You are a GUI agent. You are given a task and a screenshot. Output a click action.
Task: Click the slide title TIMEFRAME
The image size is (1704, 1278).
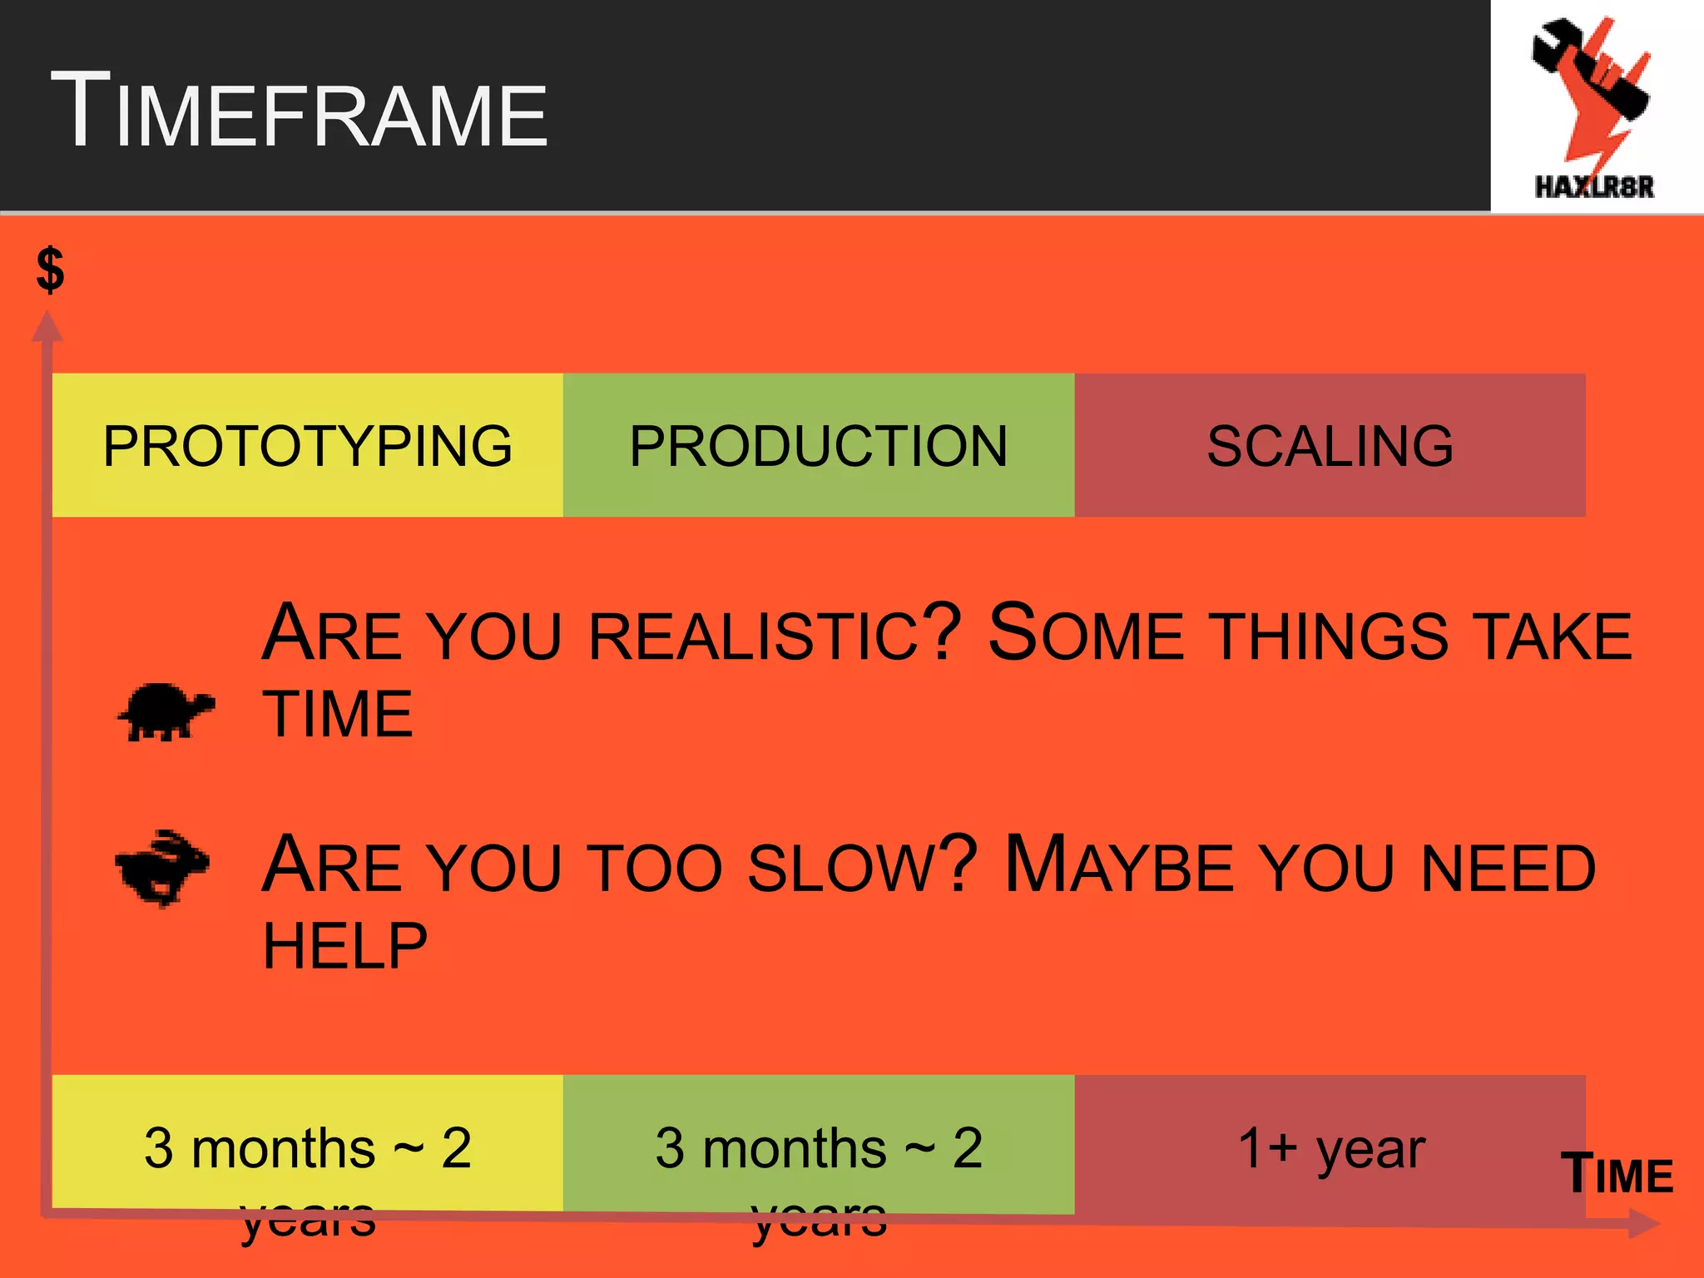[x=300, y=112]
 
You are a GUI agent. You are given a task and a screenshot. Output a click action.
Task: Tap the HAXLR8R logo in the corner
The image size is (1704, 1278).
[x=1594, y=108]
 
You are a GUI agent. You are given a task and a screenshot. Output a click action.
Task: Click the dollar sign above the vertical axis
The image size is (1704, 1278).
[x=51, y=270]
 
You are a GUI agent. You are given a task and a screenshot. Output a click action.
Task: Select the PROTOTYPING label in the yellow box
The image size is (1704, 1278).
[x=307, y=446]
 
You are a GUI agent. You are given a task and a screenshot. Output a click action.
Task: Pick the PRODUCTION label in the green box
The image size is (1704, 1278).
[x=819, y=446]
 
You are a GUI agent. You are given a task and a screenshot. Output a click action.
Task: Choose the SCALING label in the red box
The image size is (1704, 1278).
[x=1330, y=446]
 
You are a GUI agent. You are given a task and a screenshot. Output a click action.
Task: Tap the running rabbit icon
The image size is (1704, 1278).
[x=162, y=868]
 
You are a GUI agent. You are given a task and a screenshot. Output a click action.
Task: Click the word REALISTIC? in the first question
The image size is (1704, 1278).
[x=775, y=635]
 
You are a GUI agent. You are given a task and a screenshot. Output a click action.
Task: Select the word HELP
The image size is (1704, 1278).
[x=345, y=946]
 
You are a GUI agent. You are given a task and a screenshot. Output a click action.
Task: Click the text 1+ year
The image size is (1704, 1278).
[x=1331, y=1149]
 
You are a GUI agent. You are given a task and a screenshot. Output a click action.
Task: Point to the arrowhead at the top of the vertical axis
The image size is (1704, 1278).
[x=47, y=325]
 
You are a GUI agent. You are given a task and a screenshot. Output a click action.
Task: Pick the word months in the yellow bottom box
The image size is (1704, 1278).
[x=283, y=1149]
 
